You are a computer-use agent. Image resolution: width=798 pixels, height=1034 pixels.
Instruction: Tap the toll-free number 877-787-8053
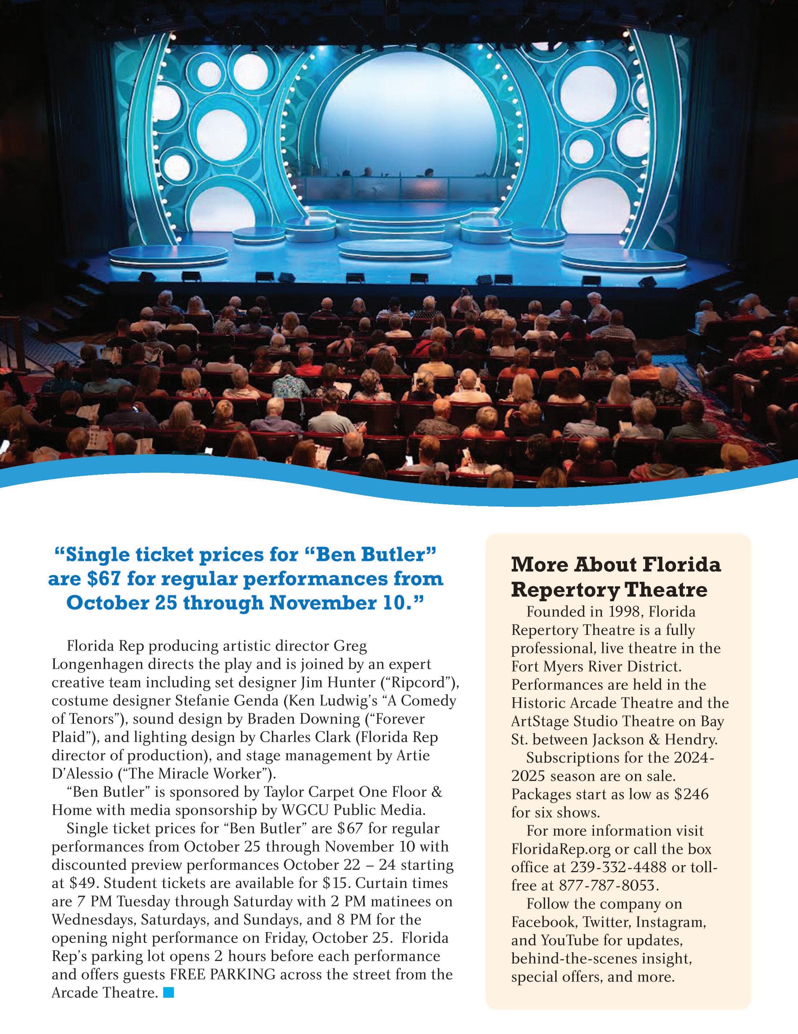click(x=607, y=885)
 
